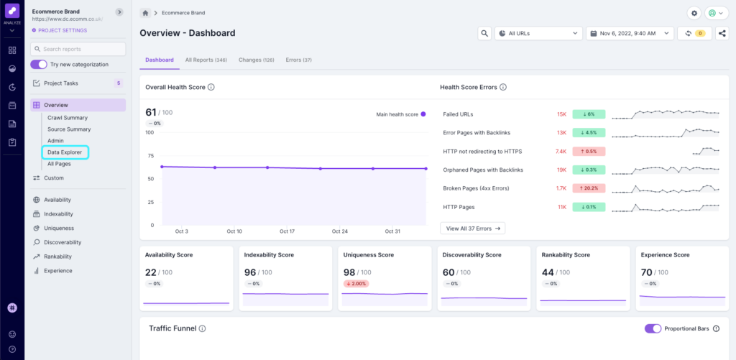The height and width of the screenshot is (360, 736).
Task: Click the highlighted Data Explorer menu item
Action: pyautogui.click(x=64, y=152)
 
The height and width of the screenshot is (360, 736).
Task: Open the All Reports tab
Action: pyautogui.click(x=206, y=60)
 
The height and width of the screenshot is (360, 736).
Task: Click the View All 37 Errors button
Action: pyautogui.click(x=472, y=228)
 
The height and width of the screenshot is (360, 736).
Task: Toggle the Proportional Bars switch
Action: pyautogui.click(x=653, y=328)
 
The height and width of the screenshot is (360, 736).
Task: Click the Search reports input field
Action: pyautogui.click(x=78, y=49)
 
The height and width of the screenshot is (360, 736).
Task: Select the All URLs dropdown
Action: pyautogui.click(x=538, y=33)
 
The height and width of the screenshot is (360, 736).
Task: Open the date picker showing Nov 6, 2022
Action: pyautogui.click(x=630, y=33)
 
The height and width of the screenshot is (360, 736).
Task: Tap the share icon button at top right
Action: pyautogui.click(x=722, y=33)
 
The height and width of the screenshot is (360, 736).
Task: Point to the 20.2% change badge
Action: pyautogui.click(x=589, y=188)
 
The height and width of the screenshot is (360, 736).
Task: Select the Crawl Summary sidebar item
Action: pyautogui.click(x=68, y=118)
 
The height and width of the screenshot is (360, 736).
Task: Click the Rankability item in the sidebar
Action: pyautogui.click(x=57, y=257)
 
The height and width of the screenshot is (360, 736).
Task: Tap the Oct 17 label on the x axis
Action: pyautogui.click(x=287, y=231)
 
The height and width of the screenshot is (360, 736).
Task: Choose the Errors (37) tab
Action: pyautogui.click(x=298, y=60)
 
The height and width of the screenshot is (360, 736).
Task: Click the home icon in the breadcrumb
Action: pyautogui.click(x=146, y=13)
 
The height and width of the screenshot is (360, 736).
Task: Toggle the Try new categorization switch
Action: pyautogui.click(x=39, y=65)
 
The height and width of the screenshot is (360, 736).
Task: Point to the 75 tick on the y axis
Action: pyautogui.click(x=149, y=155)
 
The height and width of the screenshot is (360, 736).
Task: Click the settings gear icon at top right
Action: pyautogui.click(x=694, y=13)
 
